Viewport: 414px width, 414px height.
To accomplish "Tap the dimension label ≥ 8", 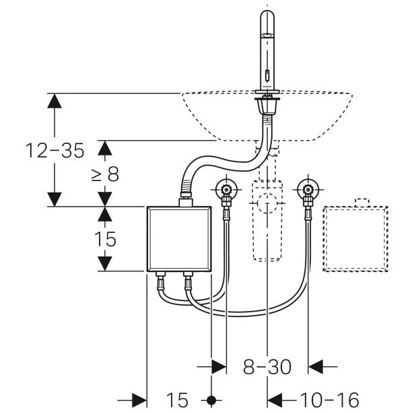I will (106, 174).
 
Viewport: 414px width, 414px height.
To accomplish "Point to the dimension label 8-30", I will (267, 367).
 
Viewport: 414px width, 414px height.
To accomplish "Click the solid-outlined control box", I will (178, 239).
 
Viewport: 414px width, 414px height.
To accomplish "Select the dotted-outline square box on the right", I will (357, 238).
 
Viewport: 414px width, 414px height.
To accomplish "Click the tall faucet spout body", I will (267, 50).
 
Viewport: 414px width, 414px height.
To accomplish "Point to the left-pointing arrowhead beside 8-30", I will (316, 367).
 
